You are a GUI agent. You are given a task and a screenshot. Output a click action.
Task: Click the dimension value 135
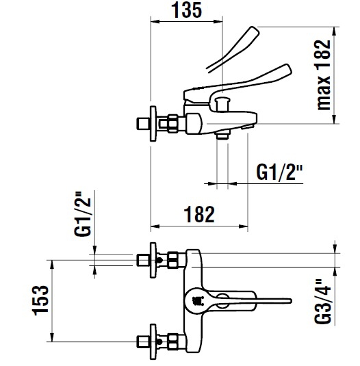pyautogui.click(x=186, y=10)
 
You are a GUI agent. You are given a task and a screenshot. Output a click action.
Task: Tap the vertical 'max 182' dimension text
pyautogui.click(x=323, y=75)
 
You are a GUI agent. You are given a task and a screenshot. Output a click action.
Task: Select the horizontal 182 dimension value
pyautogui.click(x=199, y=215)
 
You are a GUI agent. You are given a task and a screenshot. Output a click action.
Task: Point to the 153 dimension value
pyautogui.click(x=40, y=300)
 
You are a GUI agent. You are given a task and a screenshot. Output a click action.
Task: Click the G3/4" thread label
pyautogui.click(x=323, y=302)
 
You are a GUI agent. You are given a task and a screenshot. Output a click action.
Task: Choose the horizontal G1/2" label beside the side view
pyautogui.click(x=279, y=172)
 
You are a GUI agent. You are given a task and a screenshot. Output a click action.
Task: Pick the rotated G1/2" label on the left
pyautogui.click(x=82, y=214)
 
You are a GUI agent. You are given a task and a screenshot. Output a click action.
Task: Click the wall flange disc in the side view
pyautogui.click(x=153, y=123)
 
